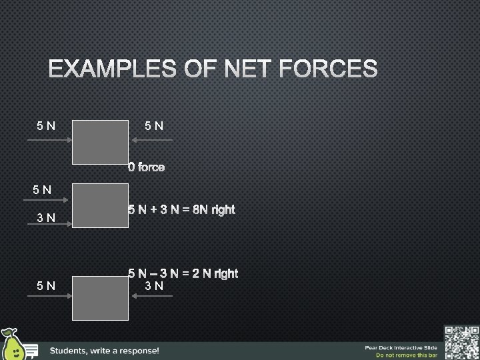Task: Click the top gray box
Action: pyautogui.click(x=100, y=142)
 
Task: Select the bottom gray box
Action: pyautogui.click(x=100, y=299)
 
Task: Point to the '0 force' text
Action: pyautogui.click(x=147, y=167)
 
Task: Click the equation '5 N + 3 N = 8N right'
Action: pyautogui.click(x=181, y=210)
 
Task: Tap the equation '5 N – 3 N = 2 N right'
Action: pyautogui.click(x=183, y=273)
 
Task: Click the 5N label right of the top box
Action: pyautogui.click(x=155, y=125)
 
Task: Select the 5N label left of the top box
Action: pyautogui.click(x=46, y=125)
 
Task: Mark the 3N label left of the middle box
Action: pyautogui.click(x=46, y=217)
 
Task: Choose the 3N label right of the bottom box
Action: pyautogui.click(x=155, y=287)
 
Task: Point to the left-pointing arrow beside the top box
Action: pyautogui.click(x=152, y=140)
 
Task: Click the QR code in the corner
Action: pyautogui.click(x=461, y=341)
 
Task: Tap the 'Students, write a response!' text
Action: pyautogui.click(x=105, y=351)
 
